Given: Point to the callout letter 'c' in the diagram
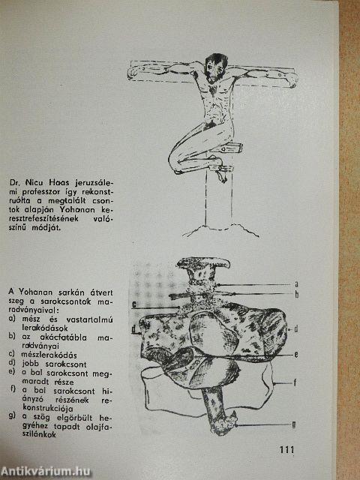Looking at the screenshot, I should pyautogui.click(x=133, y=304).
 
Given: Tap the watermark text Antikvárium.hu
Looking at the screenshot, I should pyautogui.click(x=45, y=470).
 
